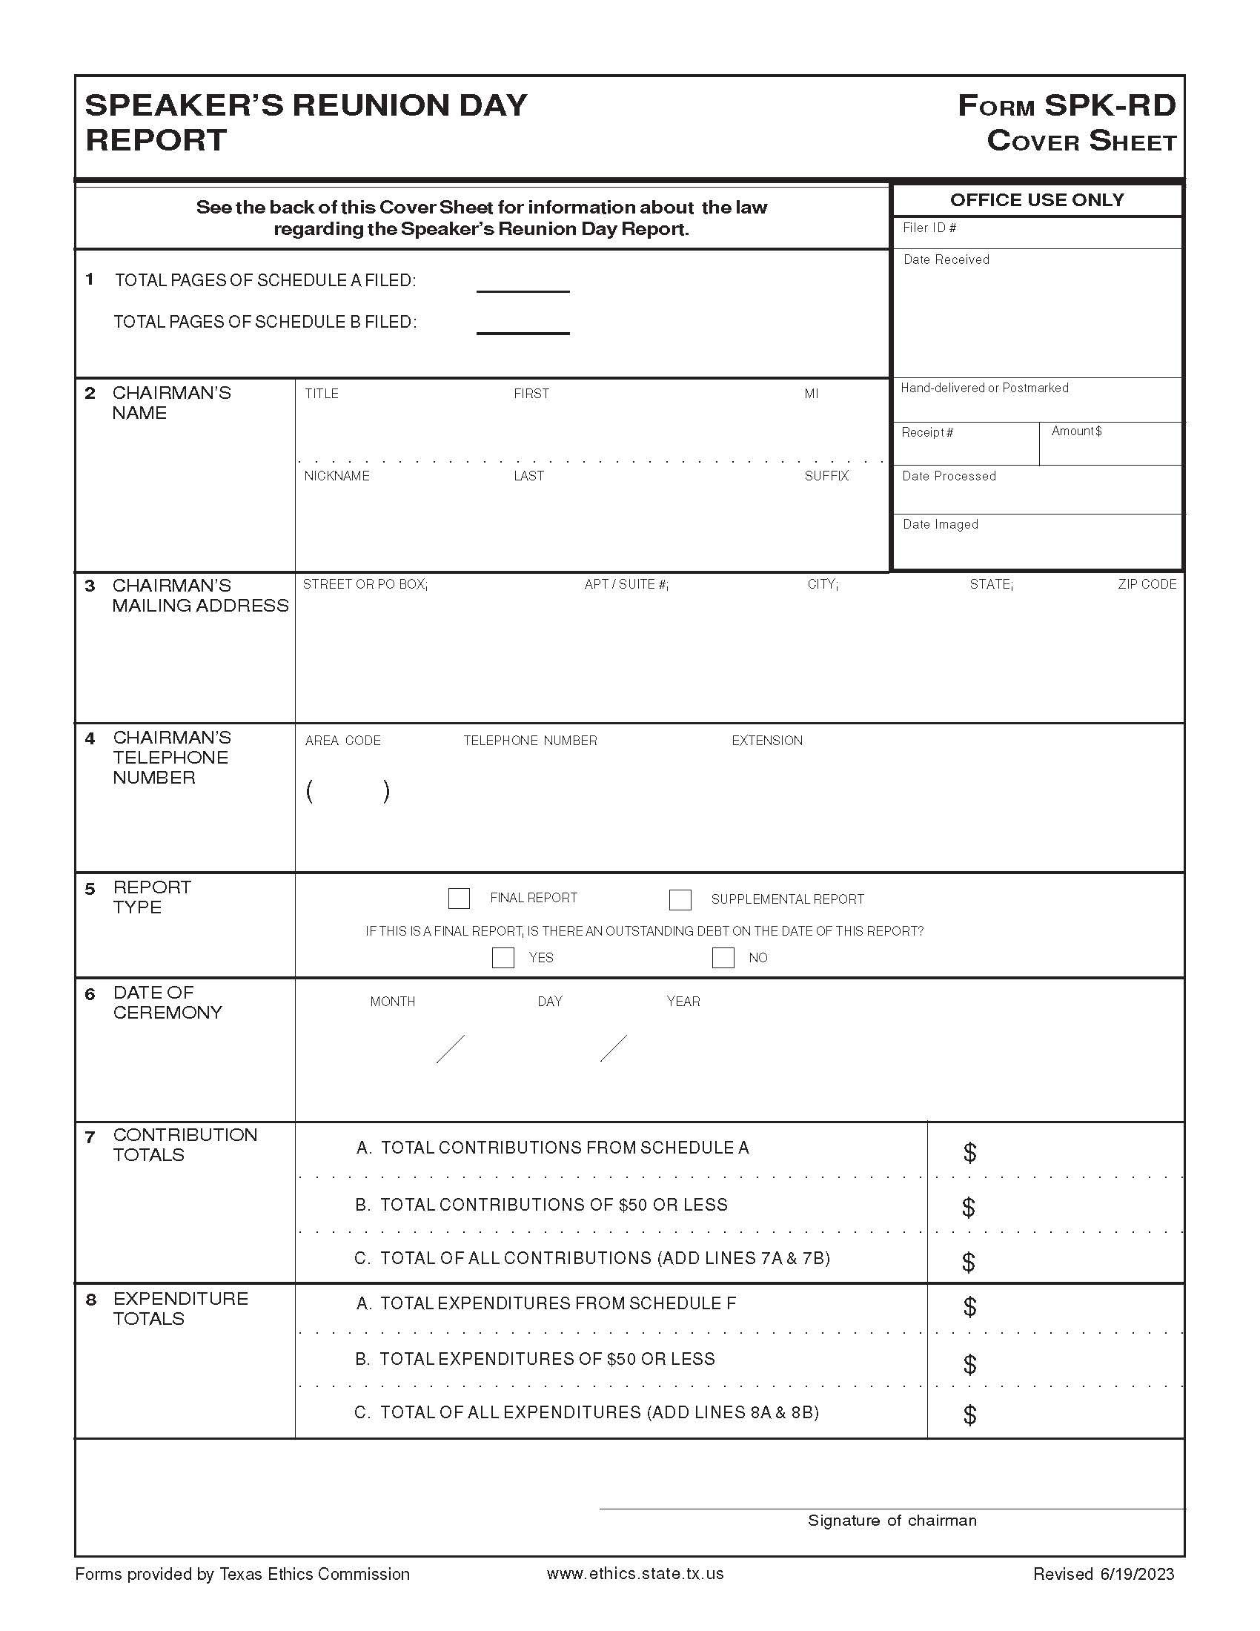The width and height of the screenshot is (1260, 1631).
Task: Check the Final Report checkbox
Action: (x=458, y=898)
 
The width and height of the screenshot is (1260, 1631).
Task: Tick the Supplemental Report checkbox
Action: (x=679, y=899)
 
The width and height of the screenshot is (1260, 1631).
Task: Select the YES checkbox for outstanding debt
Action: (x=503, y=957)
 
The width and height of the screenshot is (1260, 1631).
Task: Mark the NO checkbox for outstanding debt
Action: (x=723, y=957)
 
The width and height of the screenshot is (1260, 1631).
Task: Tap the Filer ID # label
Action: (x=929, y=228)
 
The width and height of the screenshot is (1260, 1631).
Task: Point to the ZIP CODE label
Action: (x=1147, y=584)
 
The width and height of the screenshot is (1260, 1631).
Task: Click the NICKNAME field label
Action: (x=336, y=476)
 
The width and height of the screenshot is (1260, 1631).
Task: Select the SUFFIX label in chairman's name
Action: (x=826, y=476)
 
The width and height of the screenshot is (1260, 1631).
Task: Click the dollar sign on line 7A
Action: (x=969, y=1152)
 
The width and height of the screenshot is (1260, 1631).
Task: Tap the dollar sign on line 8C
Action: (x=969, y=1415)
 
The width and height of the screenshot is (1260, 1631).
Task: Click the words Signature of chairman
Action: (x=892, y=1521)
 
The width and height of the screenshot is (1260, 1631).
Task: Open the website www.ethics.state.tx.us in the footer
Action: (x=635, y=1573)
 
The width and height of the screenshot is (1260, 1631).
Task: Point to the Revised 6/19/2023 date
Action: (x=1104, y=1574)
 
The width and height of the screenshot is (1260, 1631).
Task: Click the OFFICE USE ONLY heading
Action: (x=1037, y=199)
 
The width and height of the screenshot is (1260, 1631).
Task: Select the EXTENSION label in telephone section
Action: (x=766, y=740)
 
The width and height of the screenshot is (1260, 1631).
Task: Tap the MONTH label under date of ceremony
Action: (x=392, y=1002)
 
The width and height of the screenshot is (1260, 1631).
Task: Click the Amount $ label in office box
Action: (x=1076, y=431)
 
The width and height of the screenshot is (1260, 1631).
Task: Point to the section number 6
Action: (x=90, y=995)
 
